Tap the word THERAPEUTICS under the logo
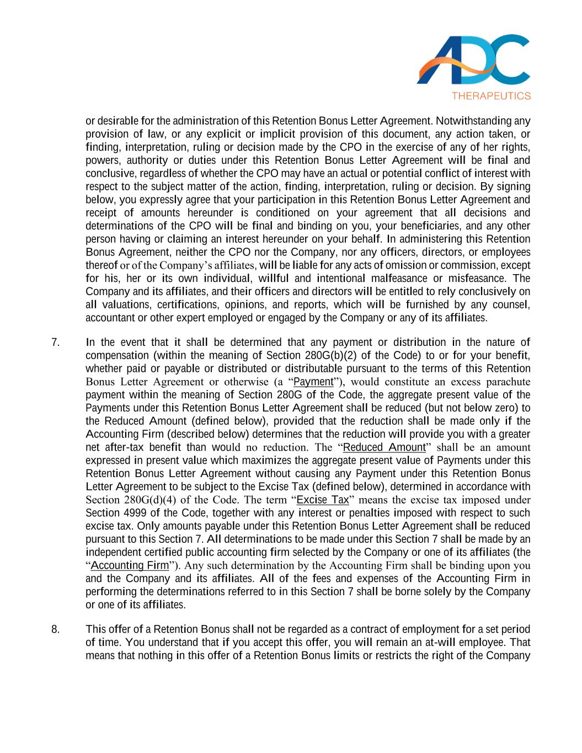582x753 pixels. (491, 95)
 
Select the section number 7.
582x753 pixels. (55, 342)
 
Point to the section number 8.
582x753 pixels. (55, 629)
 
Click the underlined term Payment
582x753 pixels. (313, 382)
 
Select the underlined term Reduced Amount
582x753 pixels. (384, 447)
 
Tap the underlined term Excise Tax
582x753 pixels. (323, 500)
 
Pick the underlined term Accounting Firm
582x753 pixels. (130, 565)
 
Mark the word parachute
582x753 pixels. (507, 382)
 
